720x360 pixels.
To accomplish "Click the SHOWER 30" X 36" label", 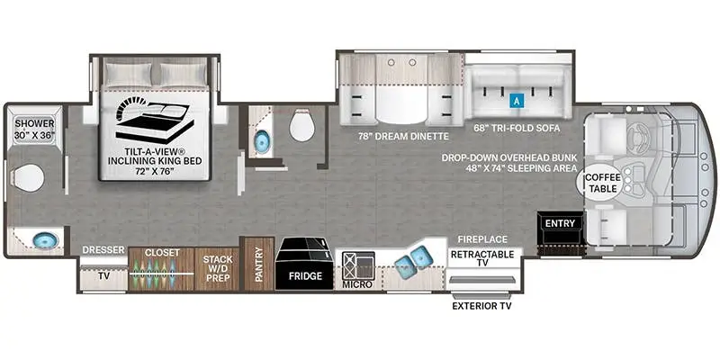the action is click(x=34, y=130).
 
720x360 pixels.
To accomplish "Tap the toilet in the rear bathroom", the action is click(x=27, y=177).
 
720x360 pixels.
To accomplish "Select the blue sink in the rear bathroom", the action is click(x=46, y=240).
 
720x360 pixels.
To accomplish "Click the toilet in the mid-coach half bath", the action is click(x=302, y=125).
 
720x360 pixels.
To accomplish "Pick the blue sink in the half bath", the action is click(x=262, y=139).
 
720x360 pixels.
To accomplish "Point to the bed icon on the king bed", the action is click(x=155, y=120).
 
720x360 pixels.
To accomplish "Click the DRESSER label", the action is click(x=103, y=250).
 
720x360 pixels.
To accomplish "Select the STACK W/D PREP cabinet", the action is click(x=218, y=269).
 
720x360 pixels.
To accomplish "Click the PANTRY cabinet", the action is click(x=259, y=264).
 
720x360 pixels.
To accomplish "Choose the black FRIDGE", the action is click(x=304, y=264).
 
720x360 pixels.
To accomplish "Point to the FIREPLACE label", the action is click(x=482, y=239).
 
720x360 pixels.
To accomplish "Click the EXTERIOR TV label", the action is click(x=481, y=306).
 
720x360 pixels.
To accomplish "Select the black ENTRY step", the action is click(x=560, y=229).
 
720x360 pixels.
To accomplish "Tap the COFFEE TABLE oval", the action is click(x=600, y=183).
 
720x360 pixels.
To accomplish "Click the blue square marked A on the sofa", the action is click(x=517, y=100).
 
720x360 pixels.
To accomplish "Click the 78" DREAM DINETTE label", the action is click(x=402, y=137).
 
